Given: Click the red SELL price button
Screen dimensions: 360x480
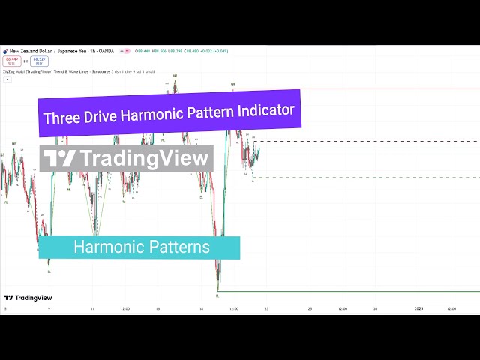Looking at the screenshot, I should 12,60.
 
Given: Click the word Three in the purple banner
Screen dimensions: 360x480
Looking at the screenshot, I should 61,118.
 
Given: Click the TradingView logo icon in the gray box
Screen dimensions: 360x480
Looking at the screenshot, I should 59,158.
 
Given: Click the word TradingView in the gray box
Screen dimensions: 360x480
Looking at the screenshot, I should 144,158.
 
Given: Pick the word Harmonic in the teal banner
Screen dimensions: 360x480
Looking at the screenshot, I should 106,247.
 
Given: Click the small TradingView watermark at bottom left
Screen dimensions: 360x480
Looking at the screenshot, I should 23,298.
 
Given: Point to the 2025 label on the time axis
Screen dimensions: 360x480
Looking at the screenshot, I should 419,308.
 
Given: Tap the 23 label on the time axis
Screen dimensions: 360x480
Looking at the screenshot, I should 266,308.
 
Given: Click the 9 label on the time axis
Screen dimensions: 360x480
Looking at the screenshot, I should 49,308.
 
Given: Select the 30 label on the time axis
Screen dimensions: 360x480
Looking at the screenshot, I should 376,308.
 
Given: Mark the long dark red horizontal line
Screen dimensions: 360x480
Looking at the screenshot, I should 360,89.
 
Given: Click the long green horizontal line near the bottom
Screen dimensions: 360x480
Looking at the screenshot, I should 352,291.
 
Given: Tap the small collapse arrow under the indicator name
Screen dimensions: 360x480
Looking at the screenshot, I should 6,78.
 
